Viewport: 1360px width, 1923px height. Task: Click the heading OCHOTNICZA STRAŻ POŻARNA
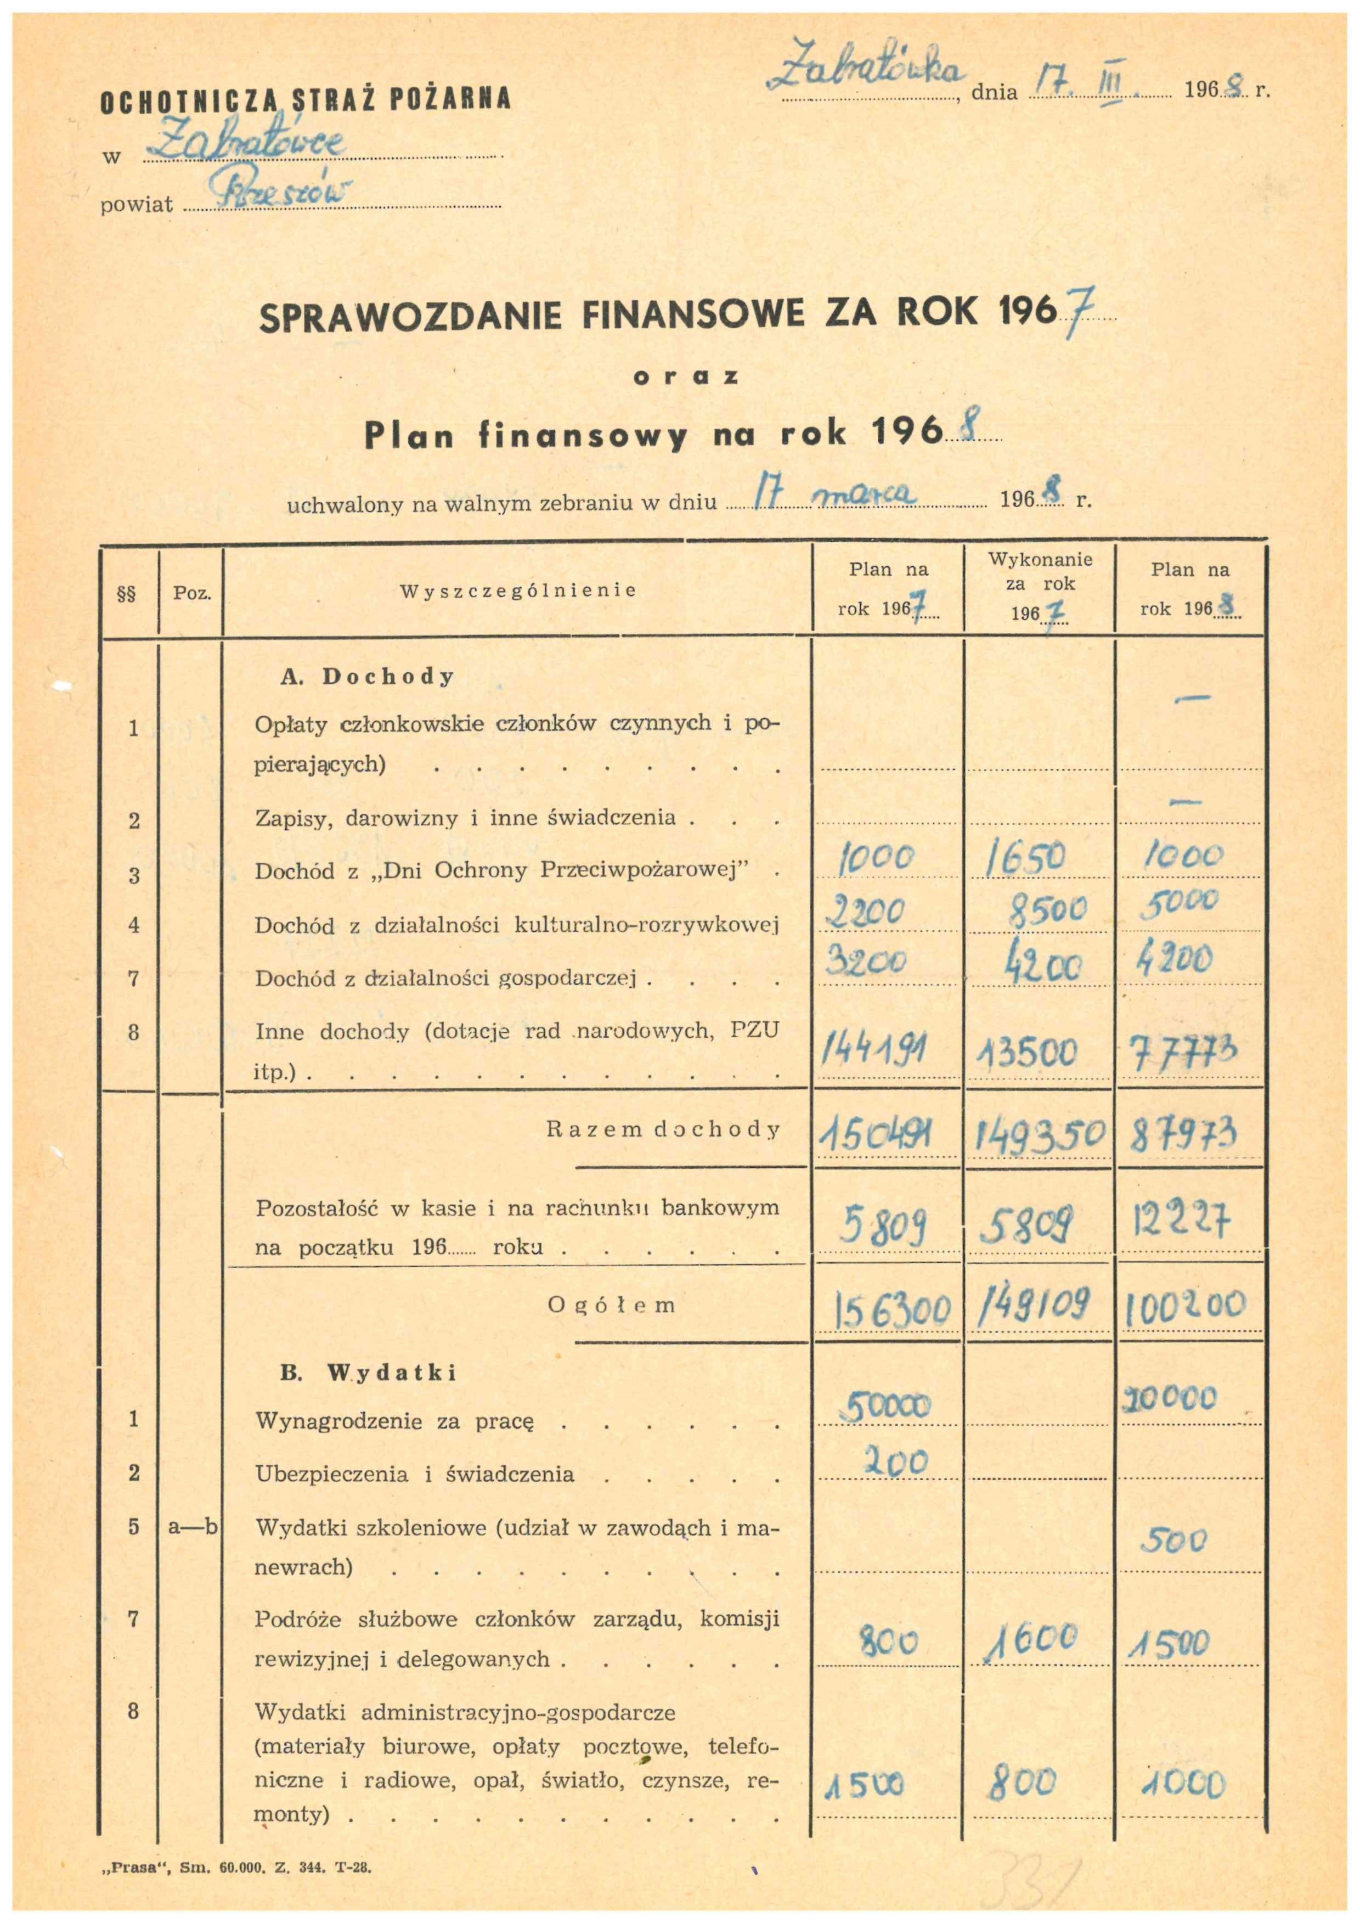(x=305, y=100)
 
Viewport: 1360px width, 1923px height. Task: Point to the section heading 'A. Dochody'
(x=367, y=677)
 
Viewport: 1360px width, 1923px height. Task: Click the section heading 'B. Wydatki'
(x=369, y=1373)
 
